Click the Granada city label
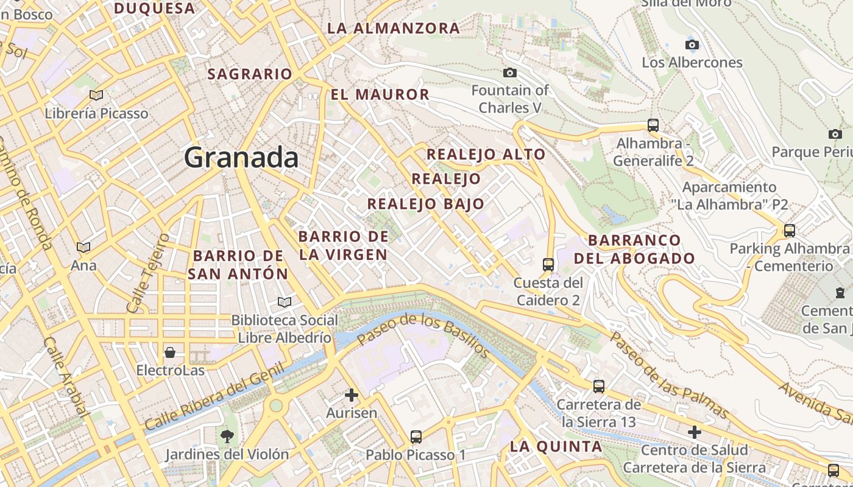(241, 158)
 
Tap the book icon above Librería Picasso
(96, 95)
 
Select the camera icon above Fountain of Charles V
(510, 73)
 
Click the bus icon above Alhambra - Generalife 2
(653, 125)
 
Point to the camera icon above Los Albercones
(692, 44)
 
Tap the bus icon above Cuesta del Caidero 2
(548, 264)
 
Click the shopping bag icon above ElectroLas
(170, 352)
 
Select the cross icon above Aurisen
(352, 395)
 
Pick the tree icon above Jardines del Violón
(227, 436)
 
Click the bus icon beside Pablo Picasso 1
(416, 436)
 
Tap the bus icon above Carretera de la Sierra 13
(599, 386)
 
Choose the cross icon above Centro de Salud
(694, 432)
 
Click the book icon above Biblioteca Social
(284, 302)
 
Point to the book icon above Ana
(83, 247)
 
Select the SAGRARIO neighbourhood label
(250, 74)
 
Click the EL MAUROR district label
(380, 94)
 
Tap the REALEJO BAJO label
(425, 204)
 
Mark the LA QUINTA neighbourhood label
(556, 446)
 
